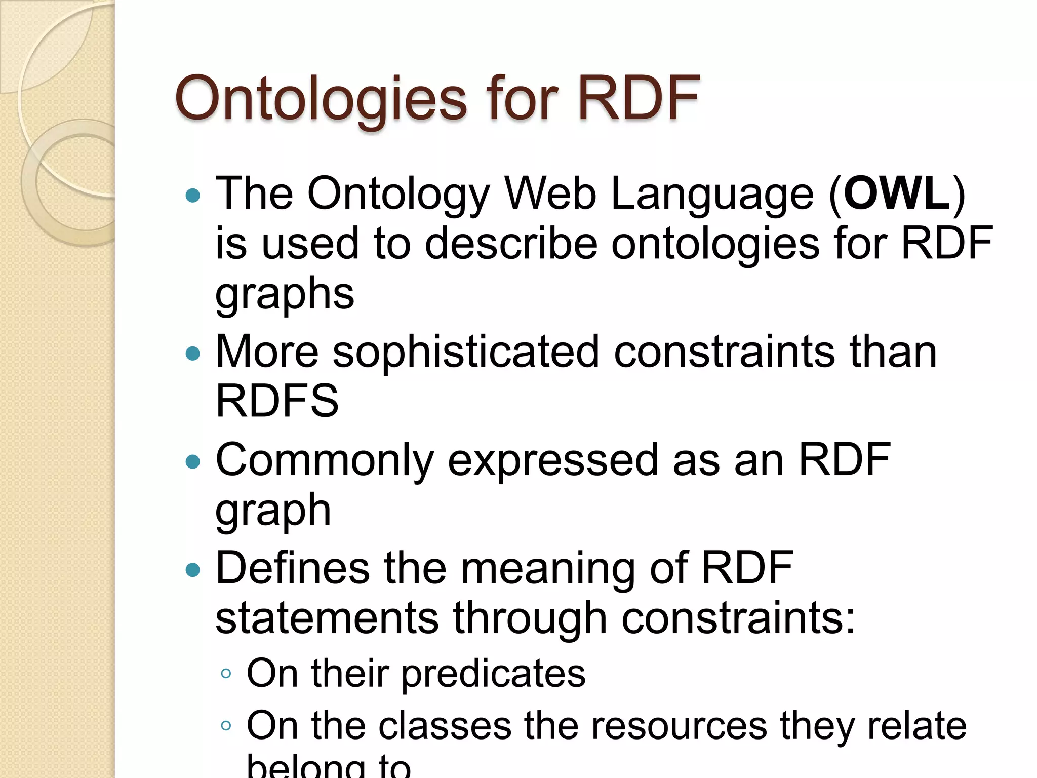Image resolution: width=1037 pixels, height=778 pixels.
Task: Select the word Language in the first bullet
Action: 712,194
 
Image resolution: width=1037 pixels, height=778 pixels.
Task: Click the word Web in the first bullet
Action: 550,193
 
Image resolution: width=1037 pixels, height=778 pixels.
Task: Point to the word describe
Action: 511,243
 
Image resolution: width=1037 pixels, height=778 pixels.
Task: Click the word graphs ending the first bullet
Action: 285,295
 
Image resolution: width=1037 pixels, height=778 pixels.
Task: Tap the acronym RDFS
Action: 277,401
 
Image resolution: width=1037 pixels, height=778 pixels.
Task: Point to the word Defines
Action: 292,568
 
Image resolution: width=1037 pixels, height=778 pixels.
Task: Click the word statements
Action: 327,618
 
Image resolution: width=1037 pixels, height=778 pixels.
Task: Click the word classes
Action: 445,726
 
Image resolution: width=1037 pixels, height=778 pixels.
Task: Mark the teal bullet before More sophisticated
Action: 193,353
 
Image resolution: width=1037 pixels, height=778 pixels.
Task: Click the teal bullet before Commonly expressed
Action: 193,461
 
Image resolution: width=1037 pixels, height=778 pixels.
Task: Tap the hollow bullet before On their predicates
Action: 226,674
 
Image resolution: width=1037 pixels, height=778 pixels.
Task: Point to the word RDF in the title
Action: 639,98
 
